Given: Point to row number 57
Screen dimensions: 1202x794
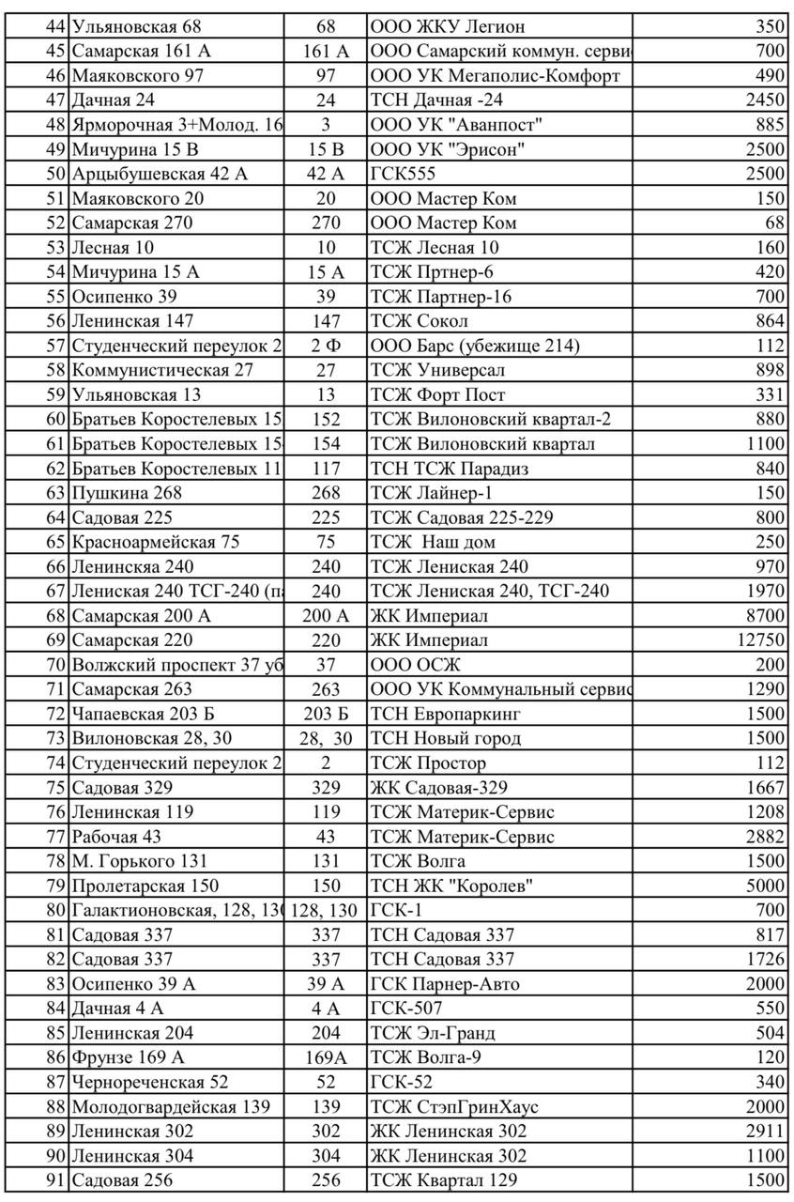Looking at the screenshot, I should pyautogui.click(x=55, y=347).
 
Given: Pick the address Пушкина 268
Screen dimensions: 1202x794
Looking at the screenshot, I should pyautogui.click(x=127, y=493).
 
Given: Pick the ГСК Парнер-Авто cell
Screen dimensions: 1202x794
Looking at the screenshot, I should pyautogui.click(x=445, y=984).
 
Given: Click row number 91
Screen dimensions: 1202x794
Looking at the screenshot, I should pyautogui.click(x=55, y=1180).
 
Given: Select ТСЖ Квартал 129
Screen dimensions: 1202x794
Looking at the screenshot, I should pyautogui.click(x=444, y=1180).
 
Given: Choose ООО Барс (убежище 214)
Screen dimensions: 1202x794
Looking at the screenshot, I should pyautogui.click(x=475, y=347).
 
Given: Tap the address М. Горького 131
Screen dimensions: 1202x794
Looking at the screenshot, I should pyautogui.click(x=140, y=861).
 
